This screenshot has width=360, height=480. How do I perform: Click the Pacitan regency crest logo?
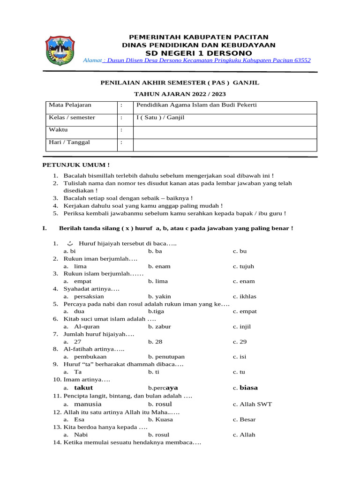coord(60,50)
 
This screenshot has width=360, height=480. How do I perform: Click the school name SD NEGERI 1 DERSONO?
coord(199,53)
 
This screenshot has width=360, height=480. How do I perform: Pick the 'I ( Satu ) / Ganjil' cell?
coord(160,117)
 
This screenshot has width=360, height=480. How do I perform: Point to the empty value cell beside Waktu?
coord(225,130)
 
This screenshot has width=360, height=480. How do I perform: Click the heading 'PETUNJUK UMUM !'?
coord(76,165)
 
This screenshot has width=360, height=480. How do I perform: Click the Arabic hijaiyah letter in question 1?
coord(70,244)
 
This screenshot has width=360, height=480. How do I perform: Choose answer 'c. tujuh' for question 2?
coord(243,266)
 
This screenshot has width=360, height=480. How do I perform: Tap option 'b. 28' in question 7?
coord(154,341)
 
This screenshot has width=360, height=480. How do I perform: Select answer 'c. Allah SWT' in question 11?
coord(252,404)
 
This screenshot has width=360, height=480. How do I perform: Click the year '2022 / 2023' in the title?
coord(200,94)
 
